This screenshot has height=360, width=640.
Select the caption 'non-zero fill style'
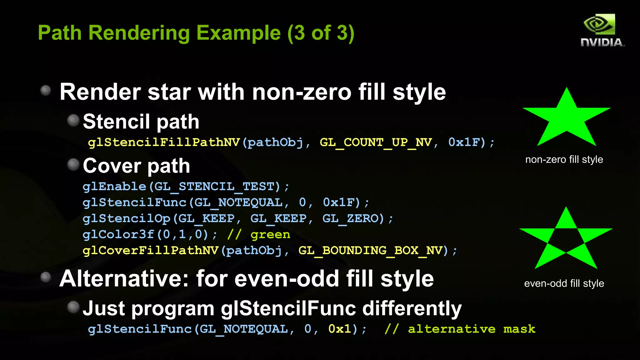(x=564, y=160)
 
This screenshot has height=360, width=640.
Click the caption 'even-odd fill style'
(x=564, y=283)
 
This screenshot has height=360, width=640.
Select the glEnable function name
(x=114, y=187)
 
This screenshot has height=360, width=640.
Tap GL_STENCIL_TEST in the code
(x=214, y=187)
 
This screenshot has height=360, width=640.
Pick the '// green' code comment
(x=259, y=234)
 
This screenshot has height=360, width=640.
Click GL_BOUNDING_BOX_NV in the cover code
(x=371, y=250)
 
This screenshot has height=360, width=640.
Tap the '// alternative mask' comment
(x=460, y=329)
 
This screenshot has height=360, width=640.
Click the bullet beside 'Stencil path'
(x=73, y=120)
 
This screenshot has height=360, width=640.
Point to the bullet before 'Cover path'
(x=73, y=164)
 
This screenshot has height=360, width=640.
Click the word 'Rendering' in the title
(x=139, y=33)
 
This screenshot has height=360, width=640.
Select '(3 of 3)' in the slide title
(x=321, y=33)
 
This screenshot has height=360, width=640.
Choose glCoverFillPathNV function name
(x=150, y=250)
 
